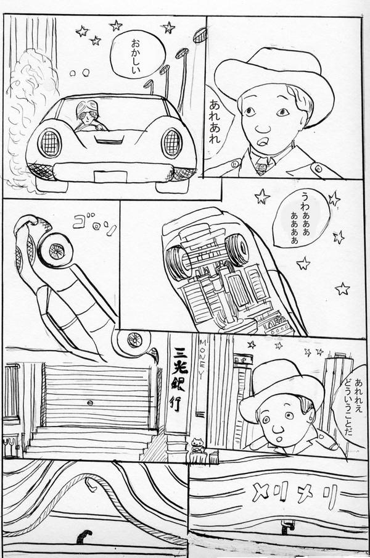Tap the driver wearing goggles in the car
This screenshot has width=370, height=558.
click(88, 117)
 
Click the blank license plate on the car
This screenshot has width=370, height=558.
click(110, 176)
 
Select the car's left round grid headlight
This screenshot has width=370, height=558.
click(50, 143)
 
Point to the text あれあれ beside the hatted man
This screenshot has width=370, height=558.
click(215, 122)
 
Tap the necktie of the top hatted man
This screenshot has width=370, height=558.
click(262, 166)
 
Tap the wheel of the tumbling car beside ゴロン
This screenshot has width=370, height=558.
click(57, 250)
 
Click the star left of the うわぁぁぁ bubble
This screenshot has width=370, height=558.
click(262, 197)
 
